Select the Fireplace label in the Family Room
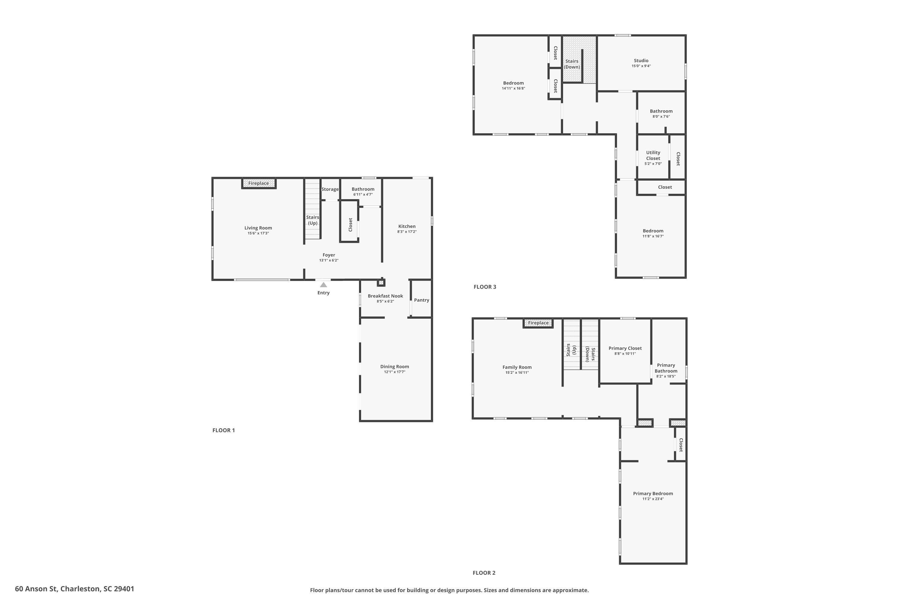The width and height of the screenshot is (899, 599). point(538,323)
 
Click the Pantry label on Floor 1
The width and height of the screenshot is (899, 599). point(422,300)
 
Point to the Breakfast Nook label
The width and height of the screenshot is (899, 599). point(385,296)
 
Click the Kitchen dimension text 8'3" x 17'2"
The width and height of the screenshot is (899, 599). point(407,232)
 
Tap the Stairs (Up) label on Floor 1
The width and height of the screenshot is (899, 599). point(312,220)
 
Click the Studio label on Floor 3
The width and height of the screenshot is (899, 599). point(641,61)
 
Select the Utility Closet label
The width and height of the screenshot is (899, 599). point(653,155)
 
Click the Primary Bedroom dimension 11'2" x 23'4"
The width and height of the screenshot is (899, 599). point(653,499)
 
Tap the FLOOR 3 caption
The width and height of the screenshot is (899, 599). point(485,287)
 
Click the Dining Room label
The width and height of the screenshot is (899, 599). point(394,367)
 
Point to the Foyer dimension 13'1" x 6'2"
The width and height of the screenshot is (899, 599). point(329,261)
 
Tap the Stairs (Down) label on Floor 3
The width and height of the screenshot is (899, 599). point(572,64)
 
